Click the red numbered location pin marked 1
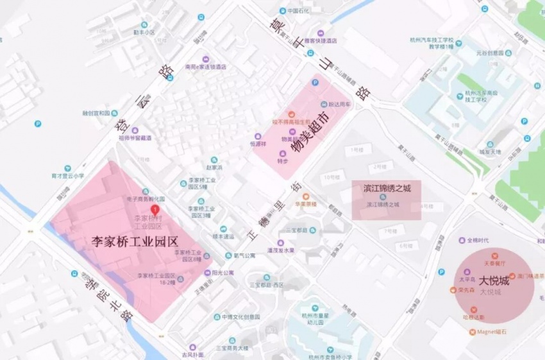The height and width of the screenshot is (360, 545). click(x=154, y=209)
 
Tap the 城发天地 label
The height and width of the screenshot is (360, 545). click(x=491, y=152)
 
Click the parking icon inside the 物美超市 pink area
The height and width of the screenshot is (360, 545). click(x=315, y=83)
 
